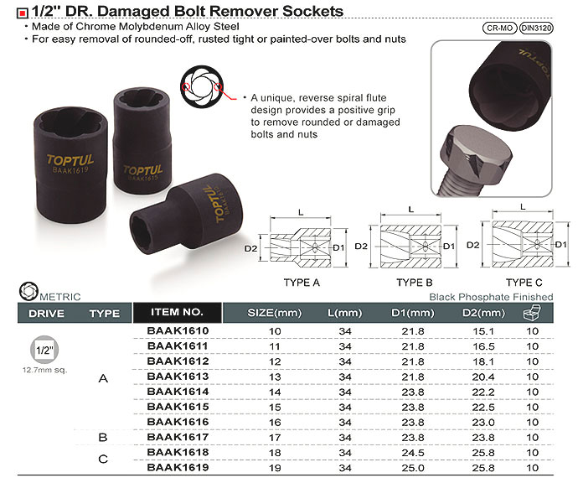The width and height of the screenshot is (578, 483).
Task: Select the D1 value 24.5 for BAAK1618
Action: (x=413, y=451)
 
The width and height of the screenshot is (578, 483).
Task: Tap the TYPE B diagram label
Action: (x=414, y=283)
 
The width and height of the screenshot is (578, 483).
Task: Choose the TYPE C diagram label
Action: (x=524, y=283)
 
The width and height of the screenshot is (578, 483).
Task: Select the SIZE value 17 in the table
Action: (x=273, y=436)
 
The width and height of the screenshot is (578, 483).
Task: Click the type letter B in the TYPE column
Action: (x=103, y=437)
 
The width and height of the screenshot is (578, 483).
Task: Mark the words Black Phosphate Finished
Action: (x=491, y=297)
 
